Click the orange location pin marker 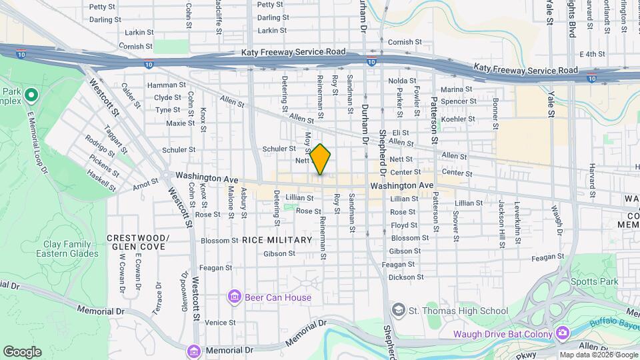pos(321,159)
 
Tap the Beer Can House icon pos(234,297)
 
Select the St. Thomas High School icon pos(398,310)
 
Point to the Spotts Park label pos(599,281)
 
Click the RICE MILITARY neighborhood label pos(277,240)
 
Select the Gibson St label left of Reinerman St pos(279,253)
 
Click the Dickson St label pos(406,277)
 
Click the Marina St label pos(456,89)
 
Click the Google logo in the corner pos(22,352)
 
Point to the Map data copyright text pos(598,355)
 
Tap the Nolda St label pos(402,81)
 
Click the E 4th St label pos(592,54)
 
